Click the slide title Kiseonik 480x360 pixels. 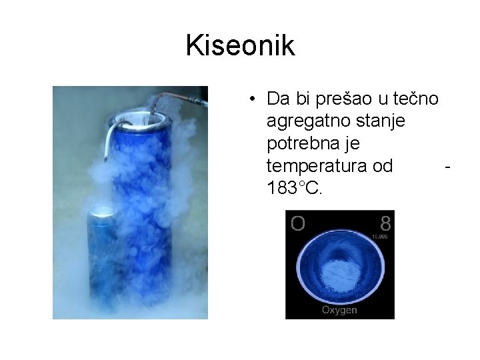tap(240, 46)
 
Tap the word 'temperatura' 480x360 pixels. tap(312, 166)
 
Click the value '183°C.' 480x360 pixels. tap(294, 188)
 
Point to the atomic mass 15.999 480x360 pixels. tap(380, 236)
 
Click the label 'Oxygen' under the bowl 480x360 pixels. tap(339, 310)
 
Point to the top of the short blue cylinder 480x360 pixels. tap(103, 213)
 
